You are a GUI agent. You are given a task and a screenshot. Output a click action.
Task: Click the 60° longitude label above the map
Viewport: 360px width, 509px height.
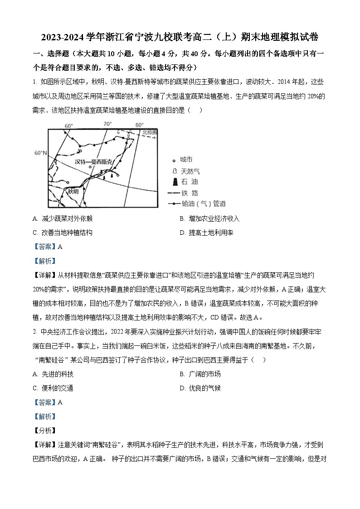tap(69, 126)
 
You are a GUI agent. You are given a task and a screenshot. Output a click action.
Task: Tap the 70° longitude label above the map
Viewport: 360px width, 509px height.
tap(107, 124)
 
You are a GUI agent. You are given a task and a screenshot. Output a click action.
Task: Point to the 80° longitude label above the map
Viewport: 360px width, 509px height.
tap(139, 125)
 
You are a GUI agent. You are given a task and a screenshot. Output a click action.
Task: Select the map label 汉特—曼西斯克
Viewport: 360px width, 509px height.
tap(92, 161)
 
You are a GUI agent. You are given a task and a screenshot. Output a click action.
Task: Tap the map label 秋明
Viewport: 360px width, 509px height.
tap(73, 191)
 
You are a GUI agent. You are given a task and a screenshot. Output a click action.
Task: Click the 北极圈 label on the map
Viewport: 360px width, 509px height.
tap(149, 132)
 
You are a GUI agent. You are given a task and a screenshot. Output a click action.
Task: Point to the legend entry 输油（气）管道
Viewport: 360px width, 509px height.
tap(196, 204)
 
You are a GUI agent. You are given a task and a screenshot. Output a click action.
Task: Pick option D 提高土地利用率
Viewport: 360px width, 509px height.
tap(206, 233)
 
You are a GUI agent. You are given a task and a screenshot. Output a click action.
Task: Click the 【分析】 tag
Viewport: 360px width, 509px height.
tap(44, 431)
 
